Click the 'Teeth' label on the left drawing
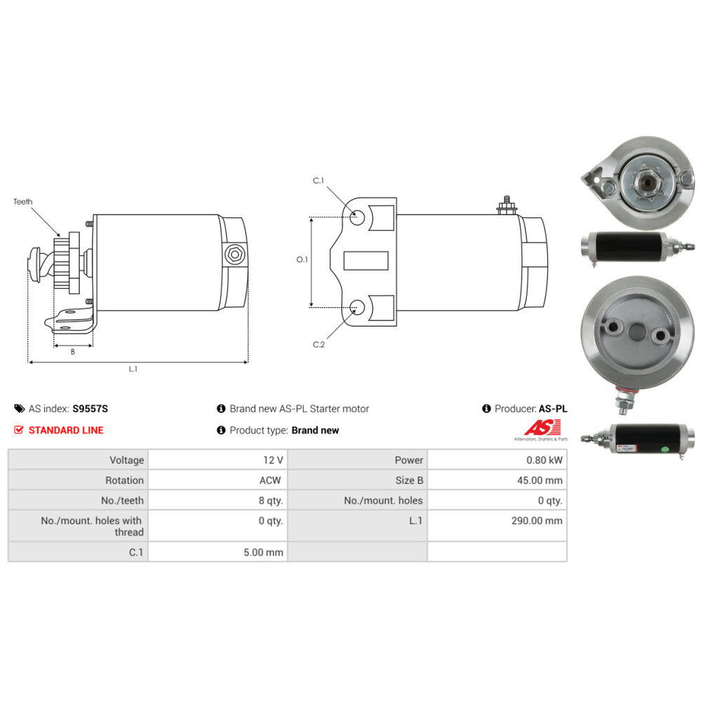[23, 202]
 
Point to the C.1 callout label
[318, 181]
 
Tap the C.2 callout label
[318, 344]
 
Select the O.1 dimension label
[302, 259]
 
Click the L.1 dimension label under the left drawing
[132, 369]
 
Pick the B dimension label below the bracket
[72, 352]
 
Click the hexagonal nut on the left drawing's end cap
[234, 255]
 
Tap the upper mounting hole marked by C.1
[357, 218]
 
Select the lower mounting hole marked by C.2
[357, 307]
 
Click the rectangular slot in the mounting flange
[366, 261]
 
